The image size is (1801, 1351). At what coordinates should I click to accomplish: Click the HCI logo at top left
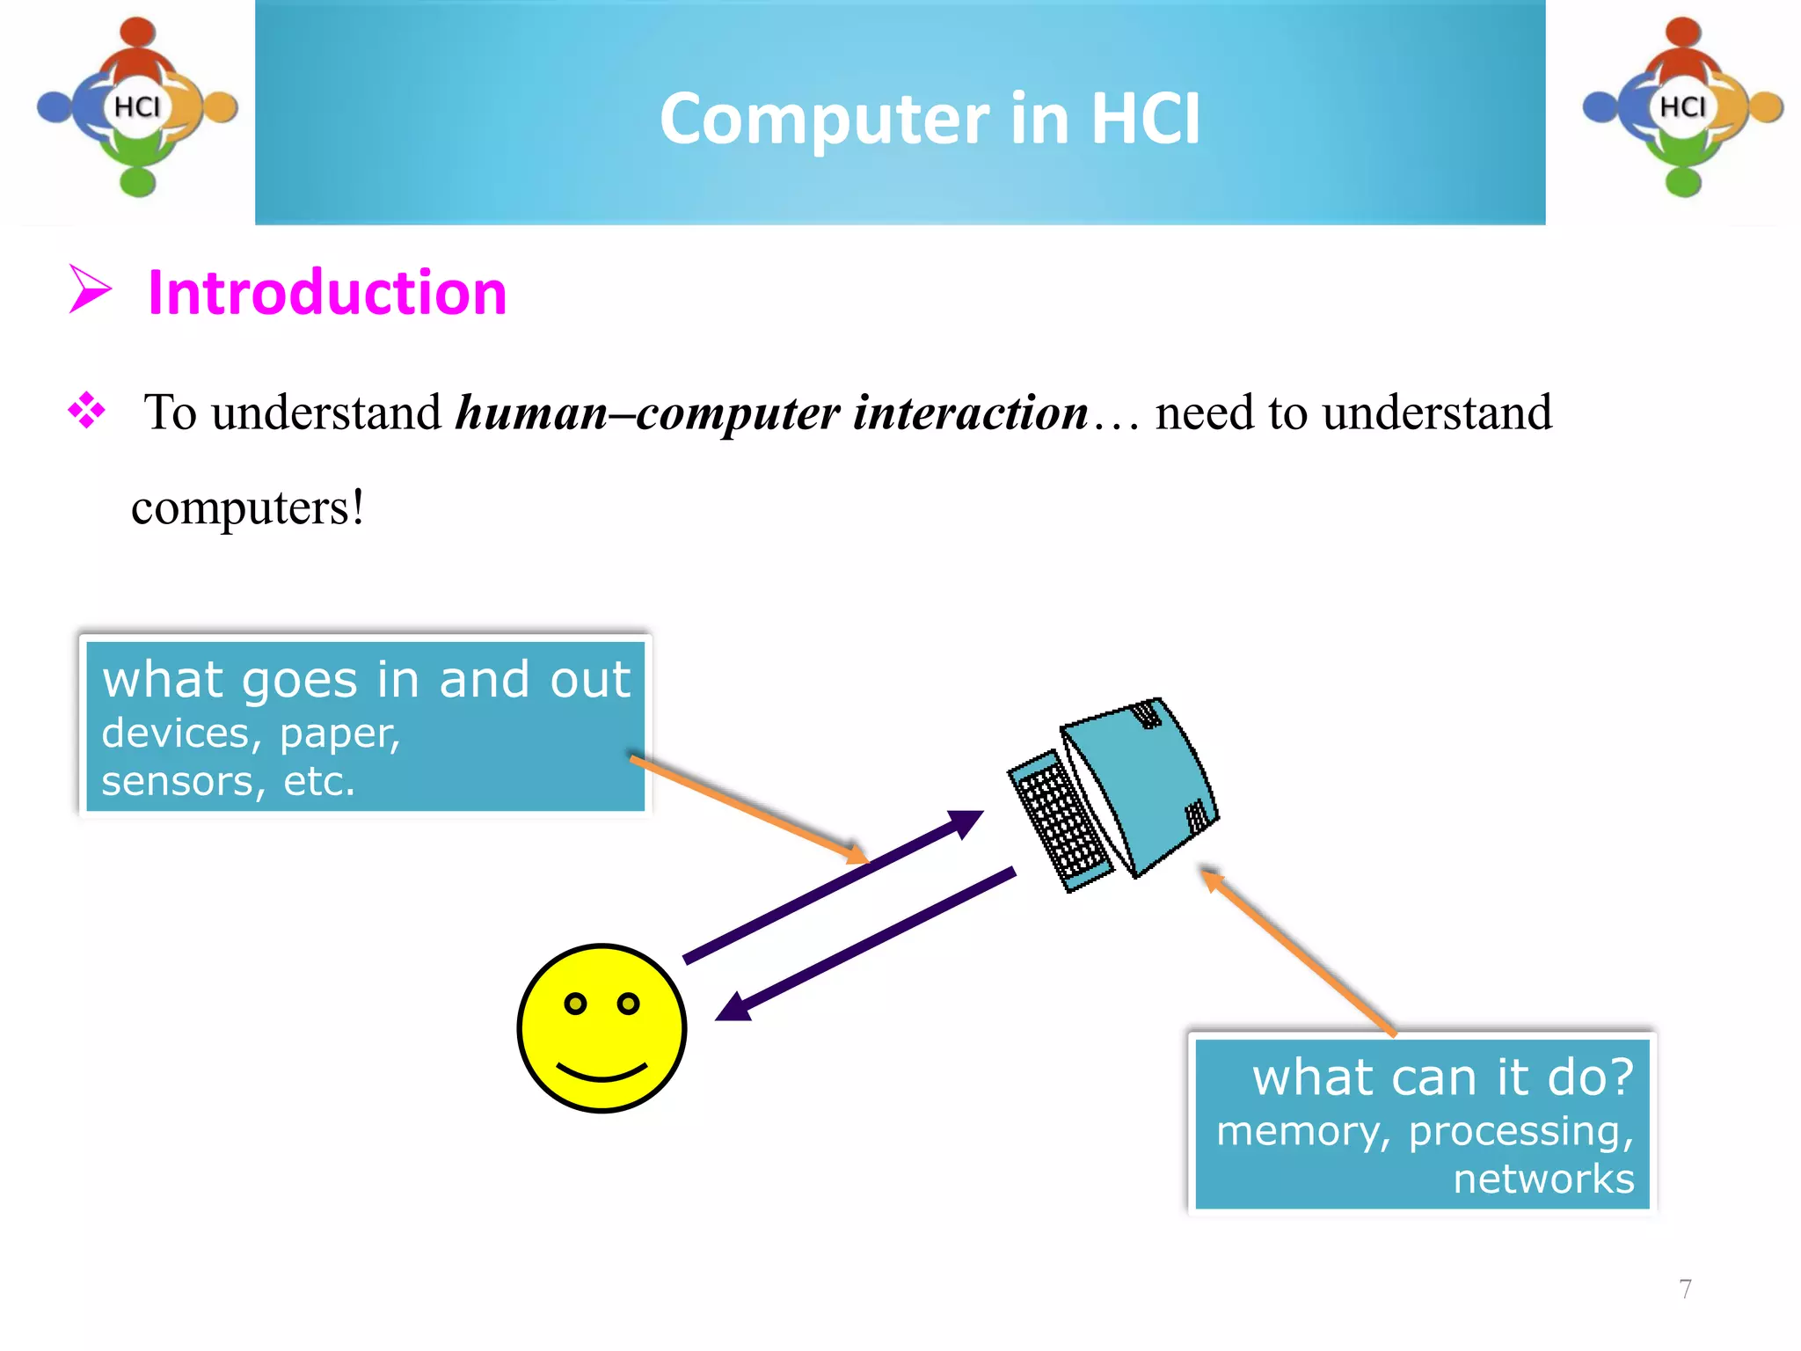pos(137,107)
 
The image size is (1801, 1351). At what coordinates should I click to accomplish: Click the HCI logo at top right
pos(1682,107)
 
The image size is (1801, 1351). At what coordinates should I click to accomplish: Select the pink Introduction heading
pos(327,292)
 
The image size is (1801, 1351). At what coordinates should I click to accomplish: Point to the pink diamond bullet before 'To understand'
pos(86,410)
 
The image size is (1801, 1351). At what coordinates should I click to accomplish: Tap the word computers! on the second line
pos(247,508)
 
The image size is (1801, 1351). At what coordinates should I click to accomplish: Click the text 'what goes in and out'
pos(366,680)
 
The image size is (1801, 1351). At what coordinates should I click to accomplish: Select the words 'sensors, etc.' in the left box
pos(228,781)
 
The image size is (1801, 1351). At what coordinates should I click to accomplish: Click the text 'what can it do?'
pos(1442,1077)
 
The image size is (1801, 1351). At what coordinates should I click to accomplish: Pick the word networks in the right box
pos(1543,1179)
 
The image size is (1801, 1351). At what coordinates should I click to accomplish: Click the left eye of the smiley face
pos(575,1004)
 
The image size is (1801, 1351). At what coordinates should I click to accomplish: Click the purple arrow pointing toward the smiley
pos(866,946)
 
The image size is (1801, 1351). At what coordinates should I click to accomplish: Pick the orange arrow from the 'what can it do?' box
pos(1298,951)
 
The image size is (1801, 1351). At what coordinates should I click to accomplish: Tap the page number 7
pos(1685,1289)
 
